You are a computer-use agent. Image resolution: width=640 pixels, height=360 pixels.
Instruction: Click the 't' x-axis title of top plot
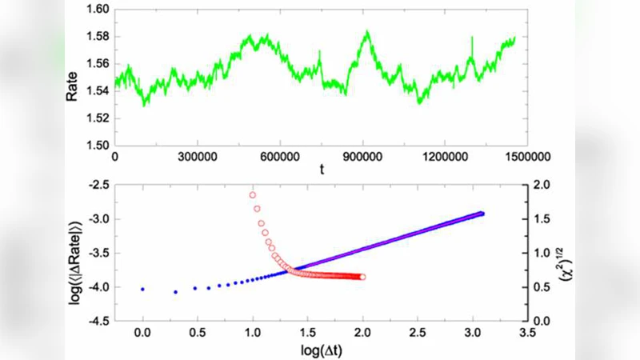point(321,170)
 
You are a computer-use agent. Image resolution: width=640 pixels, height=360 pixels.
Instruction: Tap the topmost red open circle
point(253,194)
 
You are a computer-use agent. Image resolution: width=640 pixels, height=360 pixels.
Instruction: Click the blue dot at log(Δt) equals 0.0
point(143,289)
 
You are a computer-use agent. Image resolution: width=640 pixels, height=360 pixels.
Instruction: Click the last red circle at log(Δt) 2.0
point(363,277)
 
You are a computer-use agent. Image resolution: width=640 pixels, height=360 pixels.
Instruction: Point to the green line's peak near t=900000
point(367,32)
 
